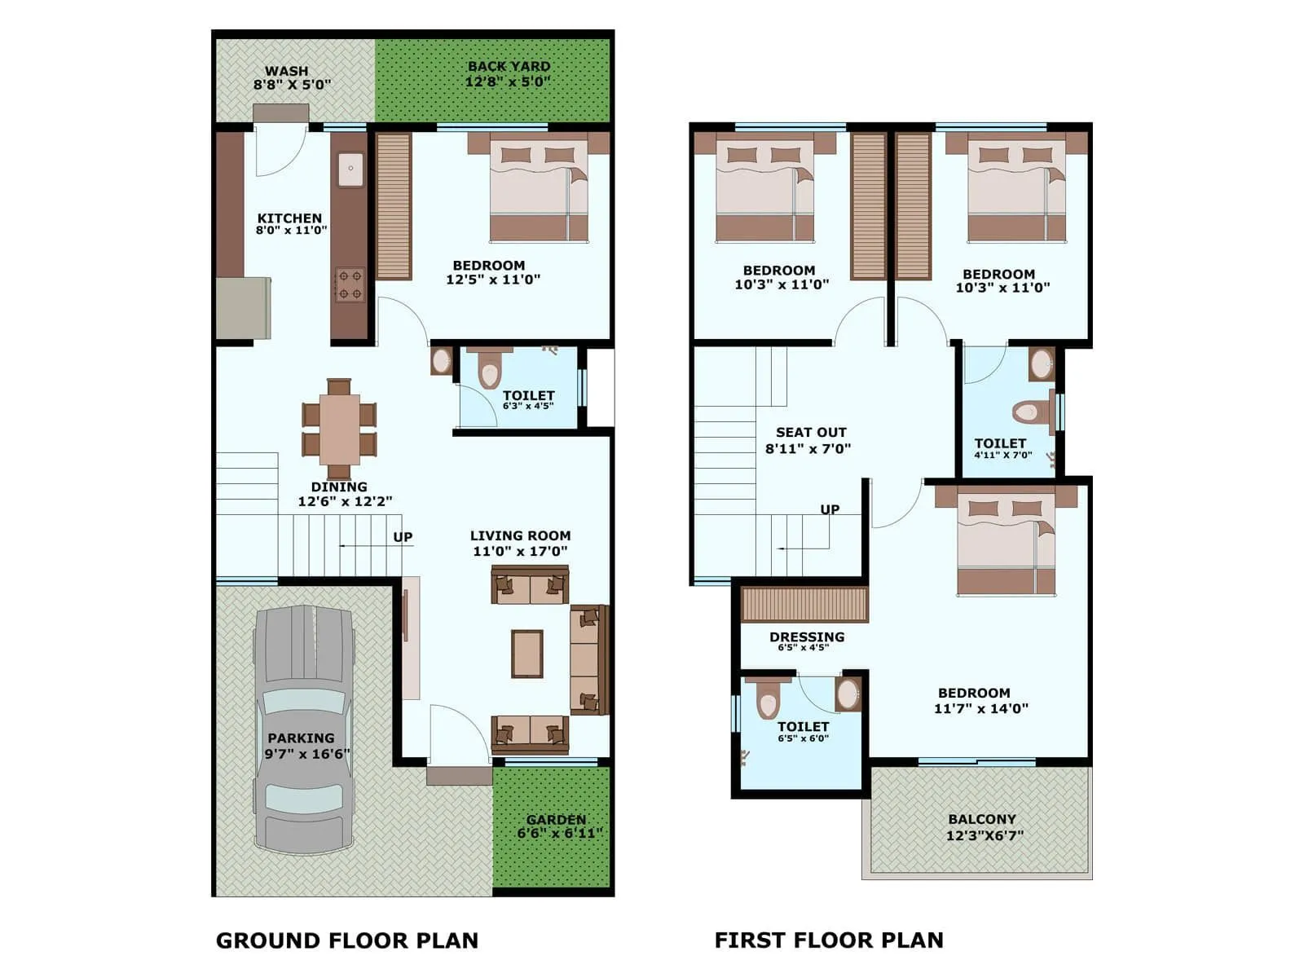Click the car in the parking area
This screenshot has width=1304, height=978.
point(303,728)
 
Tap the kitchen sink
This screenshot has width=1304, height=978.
point(351,170)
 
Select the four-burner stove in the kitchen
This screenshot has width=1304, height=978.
point(350,284)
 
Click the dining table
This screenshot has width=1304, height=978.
point(339,429)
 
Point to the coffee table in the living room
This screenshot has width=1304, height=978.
point(527,654)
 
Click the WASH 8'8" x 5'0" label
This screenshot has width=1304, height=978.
point(291,77)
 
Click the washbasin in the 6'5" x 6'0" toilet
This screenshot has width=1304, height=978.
point(848,694)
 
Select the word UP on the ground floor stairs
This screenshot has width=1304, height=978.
point(403,537)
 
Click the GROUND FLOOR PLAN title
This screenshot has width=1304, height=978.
point(346,941)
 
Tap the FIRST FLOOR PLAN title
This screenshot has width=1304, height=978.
point(828,941)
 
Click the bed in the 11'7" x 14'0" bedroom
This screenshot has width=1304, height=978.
point(1006,542)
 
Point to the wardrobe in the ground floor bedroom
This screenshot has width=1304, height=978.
point(394,205)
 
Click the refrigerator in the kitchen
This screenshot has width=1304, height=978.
point(243,308)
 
